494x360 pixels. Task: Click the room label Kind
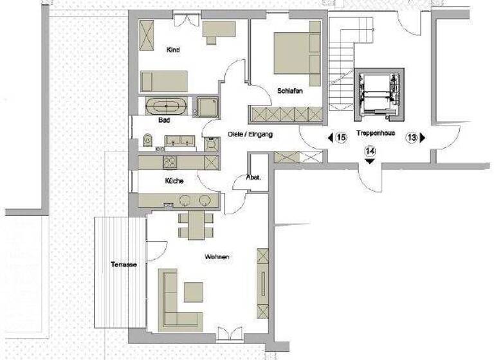(x=172, y=50)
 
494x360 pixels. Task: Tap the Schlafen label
(x=290, y=91)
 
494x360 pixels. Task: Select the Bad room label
(x=163, y=120)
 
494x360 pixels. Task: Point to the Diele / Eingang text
(x=251, y=135)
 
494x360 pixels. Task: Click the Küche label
(x=174, y=182)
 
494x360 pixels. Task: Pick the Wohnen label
(x=217, y=257)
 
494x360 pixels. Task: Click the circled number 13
(x=412, y=137)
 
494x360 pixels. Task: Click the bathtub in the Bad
(x=167, y=106)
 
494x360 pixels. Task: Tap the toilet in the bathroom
(x=148, y=139)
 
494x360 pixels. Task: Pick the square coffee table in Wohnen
(x=193, y=292)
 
